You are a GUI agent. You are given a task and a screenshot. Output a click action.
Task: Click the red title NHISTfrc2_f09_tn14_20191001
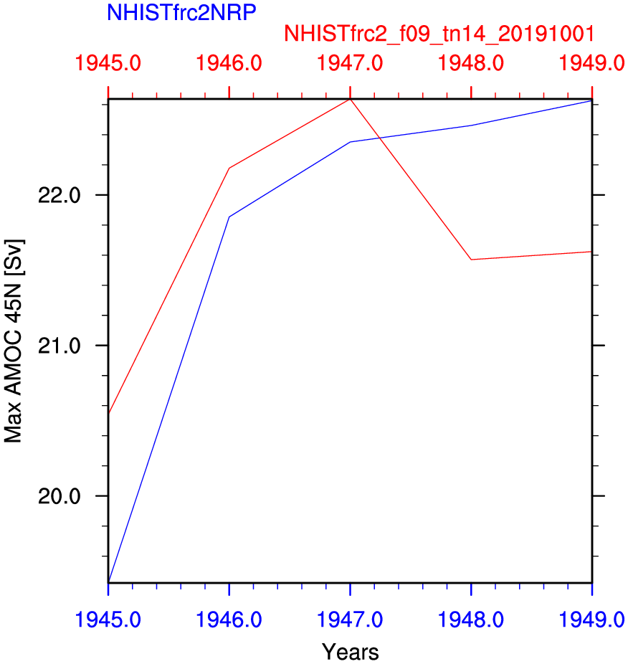pyautogui.click(x=439, y=34)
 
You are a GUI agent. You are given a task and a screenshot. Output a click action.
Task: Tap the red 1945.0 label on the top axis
pyautogui.click(x=108, y=64)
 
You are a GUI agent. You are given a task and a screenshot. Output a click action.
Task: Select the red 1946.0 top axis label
pyautogui.click(x=229, y=64)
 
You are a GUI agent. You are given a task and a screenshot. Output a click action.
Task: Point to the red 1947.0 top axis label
pyautogui.click(x=350, y=64)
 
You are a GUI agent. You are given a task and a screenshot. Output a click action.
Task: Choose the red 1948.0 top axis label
pyautogui.click(x=470, y=64)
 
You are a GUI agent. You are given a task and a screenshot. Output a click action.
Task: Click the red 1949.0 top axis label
pyautogui.click(x=591, y=64)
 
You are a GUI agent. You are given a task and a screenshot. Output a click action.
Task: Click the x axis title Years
pyautogui.click(x=350, y=652)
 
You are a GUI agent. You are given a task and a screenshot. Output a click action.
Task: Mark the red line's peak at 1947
pyautogui.click(x=350, y=100)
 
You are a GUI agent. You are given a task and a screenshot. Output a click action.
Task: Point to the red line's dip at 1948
pyautogui.click(x=471, y=260)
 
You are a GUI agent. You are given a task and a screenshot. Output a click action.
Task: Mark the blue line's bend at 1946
pyautogui.click(x=229, y=217)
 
